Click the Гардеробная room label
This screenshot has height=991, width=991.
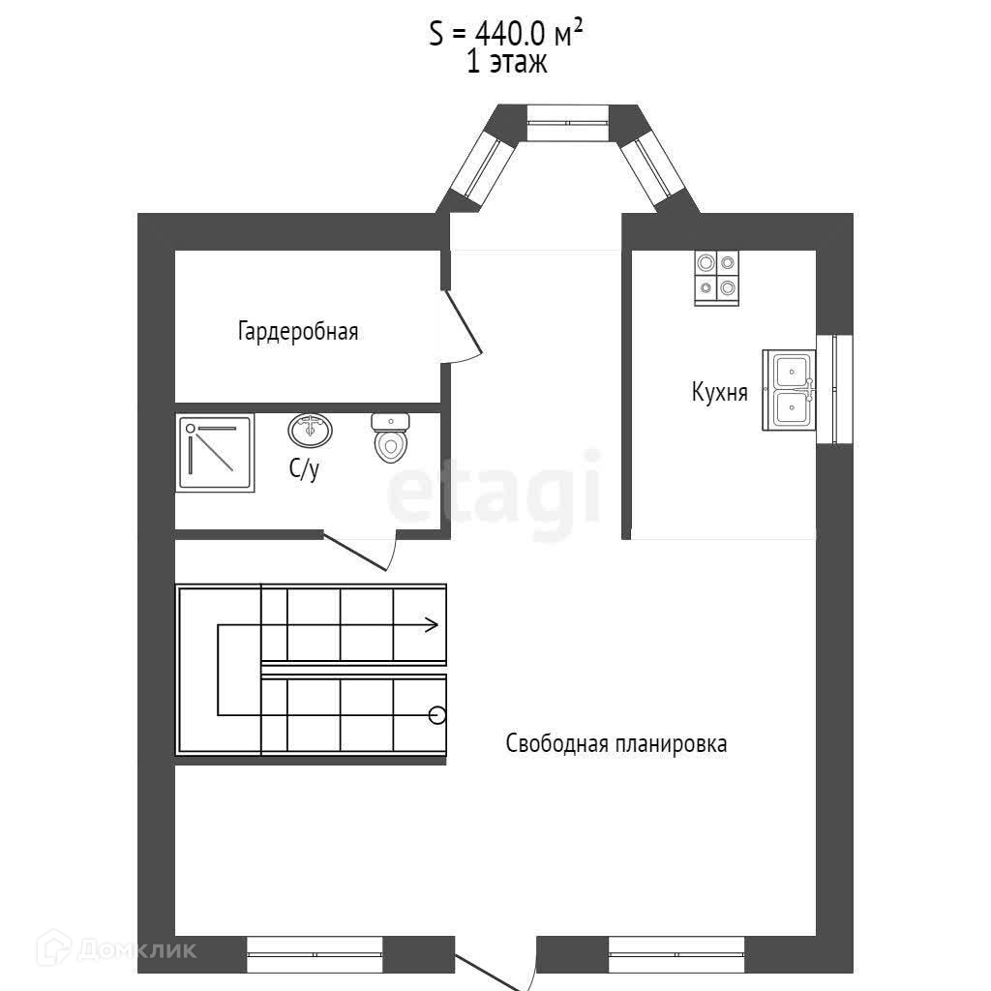[298, 332]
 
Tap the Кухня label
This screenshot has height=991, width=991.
[719, 392]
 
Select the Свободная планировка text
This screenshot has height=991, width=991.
[616, 743]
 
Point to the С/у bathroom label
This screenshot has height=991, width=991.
[304, 469]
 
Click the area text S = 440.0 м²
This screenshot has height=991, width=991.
[506, 33]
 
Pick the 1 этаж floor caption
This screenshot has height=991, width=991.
[506, 64]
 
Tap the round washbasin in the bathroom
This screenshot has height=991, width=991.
[310, 429]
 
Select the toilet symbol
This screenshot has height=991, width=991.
[391, 437]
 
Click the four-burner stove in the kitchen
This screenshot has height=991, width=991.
[716, 277]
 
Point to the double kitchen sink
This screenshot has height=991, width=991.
[790, 390]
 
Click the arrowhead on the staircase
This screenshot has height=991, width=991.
[430, 625]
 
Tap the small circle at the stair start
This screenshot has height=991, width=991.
[437, 715]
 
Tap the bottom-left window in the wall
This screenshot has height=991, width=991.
[315, 954]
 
